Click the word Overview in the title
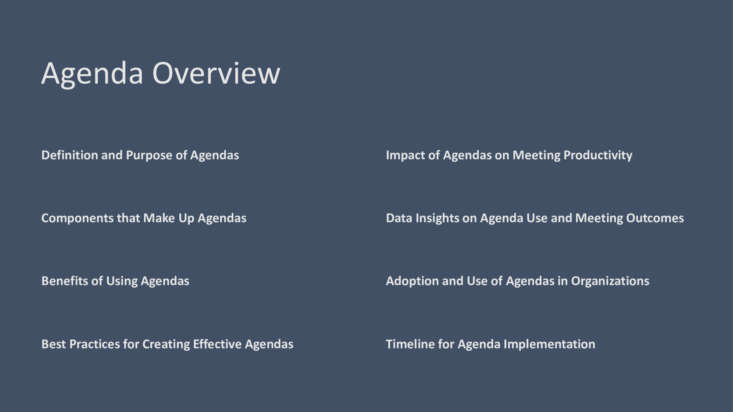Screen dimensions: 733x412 tap(216, 73)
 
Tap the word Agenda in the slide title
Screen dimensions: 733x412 tap(92, 75)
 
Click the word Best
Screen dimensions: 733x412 tap(54, 344)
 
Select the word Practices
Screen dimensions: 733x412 tap(94, 344)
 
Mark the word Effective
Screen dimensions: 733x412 tap(217, 344)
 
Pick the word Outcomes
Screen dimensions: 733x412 tap(655, 218)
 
